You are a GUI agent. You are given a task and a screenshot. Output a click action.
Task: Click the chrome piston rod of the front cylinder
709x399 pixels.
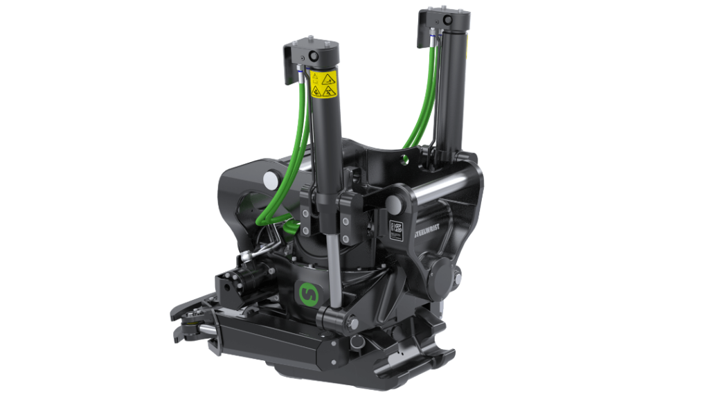[x=336, y=270]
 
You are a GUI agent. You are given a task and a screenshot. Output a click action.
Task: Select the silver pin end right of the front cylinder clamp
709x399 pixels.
[x=395, y=203]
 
